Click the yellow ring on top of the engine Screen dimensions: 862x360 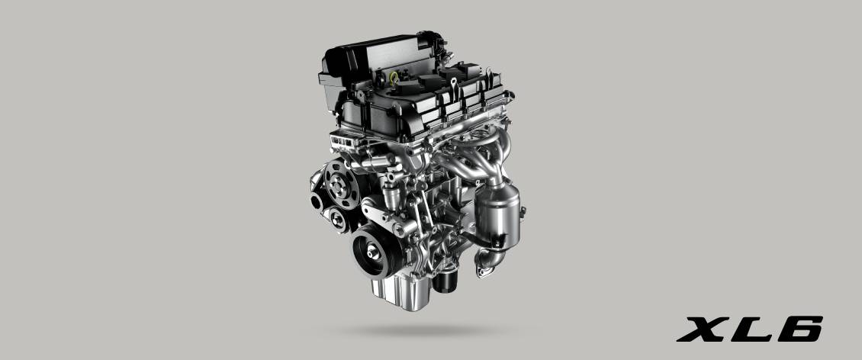[394, 79]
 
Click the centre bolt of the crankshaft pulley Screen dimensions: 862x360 [372, 252]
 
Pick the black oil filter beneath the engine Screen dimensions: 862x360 [444, 279]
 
